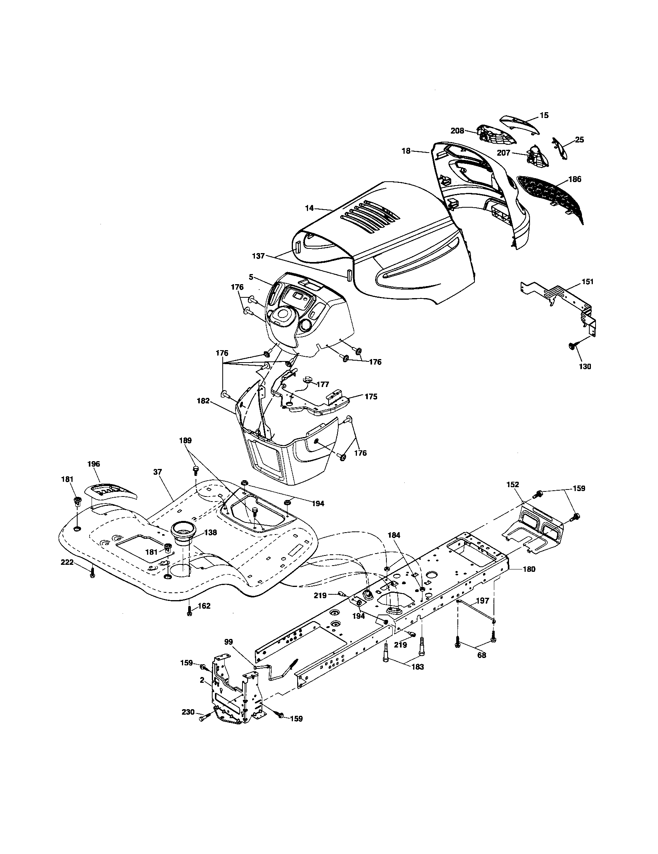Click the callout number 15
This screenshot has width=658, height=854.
point(544,115)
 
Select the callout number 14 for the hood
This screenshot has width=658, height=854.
point(309,208)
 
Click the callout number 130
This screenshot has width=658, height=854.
point(585,366)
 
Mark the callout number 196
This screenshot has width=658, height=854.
point(94,464)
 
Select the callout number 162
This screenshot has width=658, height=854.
point(204,606)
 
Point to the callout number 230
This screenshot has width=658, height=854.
point(188,712)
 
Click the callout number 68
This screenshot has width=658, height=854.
point(482,655)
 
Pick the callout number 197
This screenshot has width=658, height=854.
point(483,601)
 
